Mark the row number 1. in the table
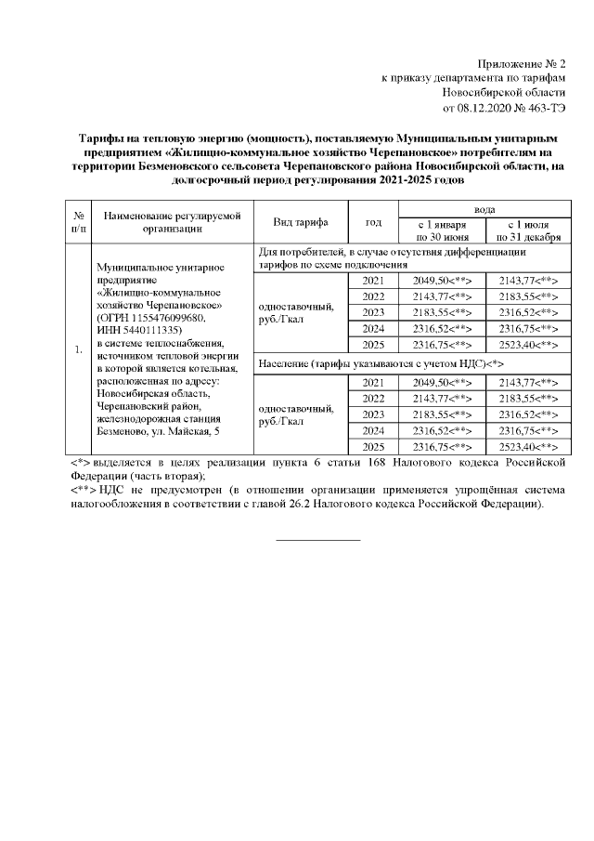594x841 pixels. pyautogui.click(x=80, y=349)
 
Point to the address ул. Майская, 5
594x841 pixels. pyautogui.click(x=190, y=431)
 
